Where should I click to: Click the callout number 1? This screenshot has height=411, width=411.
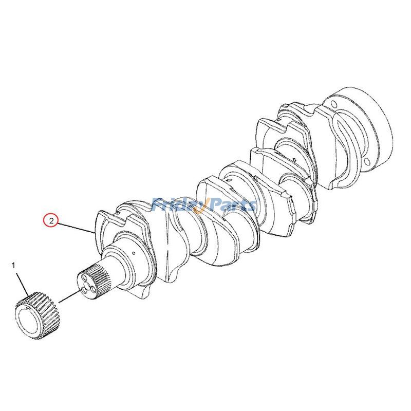click(x=14, y=266)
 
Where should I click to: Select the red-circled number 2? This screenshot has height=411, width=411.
click(x=51, y=221)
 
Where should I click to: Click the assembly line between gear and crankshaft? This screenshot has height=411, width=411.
click(x=70, y=296)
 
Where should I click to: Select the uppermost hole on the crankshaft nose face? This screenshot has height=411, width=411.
click(x=84, y=277)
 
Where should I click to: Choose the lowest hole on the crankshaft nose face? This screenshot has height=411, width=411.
click(x=84, y=290)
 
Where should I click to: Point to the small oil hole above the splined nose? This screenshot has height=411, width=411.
click(x=134, y=253)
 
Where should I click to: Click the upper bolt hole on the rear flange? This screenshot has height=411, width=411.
click(x=333, y=103)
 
